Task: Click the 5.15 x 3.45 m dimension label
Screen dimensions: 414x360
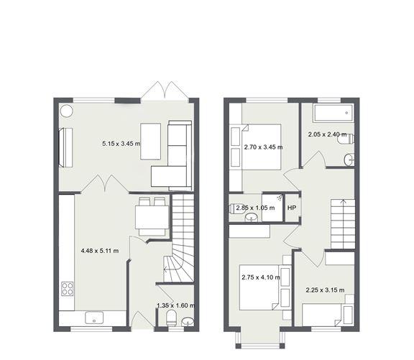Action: pyautogui.click(x=121, y=144)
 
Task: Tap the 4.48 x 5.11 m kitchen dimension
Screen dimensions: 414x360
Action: pyautogui.click(x=100, y=251)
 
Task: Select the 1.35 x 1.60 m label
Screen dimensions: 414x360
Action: pyautogui.click(x=176, y=305)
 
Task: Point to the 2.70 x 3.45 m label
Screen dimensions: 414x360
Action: pyautogui.click(x=263, y=147)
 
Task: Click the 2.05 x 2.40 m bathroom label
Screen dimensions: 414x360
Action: pyautogui.click(x=328, y=134)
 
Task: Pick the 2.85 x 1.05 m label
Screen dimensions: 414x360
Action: pyautogui.click(x=255, y=208)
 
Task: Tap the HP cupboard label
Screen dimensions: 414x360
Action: pyautogui.click(x=292, y=208)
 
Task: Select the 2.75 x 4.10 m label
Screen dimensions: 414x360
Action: pyautogui.click(x=261, y=277)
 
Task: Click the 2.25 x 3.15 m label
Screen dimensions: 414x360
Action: pyautogui.click(x=325, y=290)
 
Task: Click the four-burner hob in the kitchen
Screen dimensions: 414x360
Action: pyautogui.click(x=68, y=289)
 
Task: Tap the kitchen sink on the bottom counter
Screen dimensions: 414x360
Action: pyautogui.click(x=94, y=318)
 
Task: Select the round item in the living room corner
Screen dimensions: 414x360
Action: pyautogui.click(x=66, y=111)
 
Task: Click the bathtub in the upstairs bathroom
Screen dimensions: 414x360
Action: pyautogui.click(x=333, y=114)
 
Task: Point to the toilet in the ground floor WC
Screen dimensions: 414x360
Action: pyautogui.click(x=171, y=318)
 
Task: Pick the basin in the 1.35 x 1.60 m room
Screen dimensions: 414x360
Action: pyautogui.click(x=188, y=322)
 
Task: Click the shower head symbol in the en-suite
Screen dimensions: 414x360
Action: pyautogui.click(x=280, y=198)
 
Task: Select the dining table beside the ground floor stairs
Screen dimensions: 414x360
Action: pyautogui.click(x=152, y=217)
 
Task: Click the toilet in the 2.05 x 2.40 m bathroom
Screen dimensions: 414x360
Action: pyautogui.click(x=345, y=139)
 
